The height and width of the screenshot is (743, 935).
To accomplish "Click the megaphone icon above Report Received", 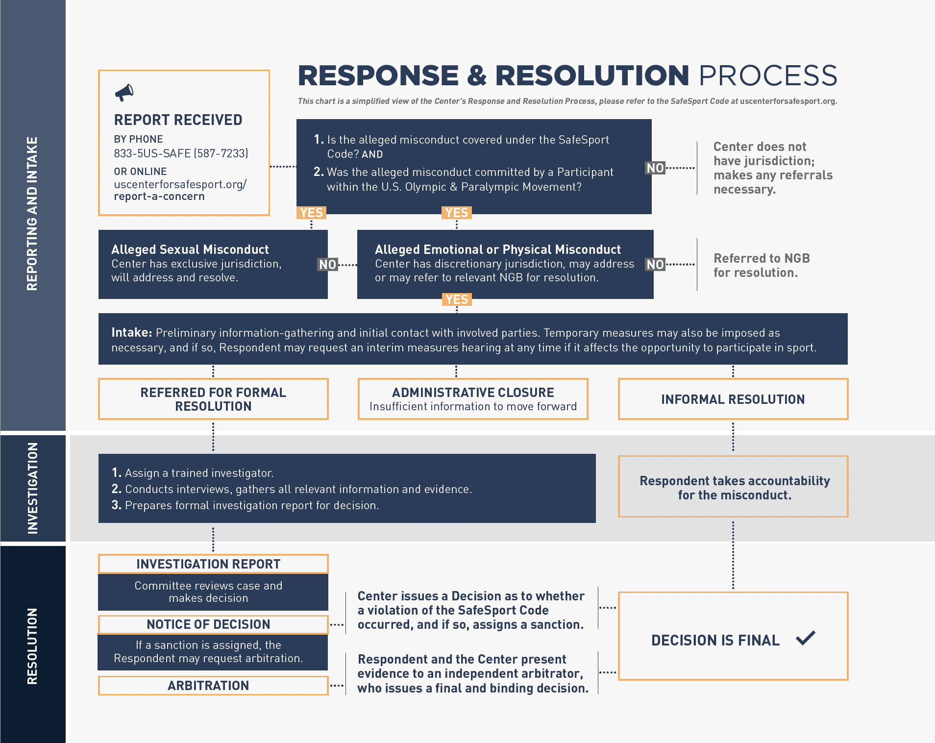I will (124, 92).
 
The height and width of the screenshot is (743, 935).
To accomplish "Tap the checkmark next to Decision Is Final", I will (806, 638).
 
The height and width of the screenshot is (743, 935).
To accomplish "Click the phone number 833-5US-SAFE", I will (181, 153).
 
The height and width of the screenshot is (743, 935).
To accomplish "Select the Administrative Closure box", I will (473, 399).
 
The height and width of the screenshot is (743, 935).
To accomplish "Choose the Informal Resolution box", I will (733, 399).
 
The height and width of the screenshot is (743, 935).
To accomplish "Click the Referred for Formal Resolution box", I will (213, 399).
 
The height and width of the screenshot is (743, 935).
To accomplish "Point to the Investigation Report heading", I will (208, 564).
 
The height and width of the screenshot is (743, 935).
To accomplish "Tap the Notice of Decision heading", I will (208, 624).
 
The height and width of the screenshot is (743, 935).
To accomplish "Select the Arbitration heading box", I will (208, 686).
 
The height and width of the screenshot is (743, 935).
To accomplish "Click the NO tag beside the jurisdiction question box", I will (655, 168).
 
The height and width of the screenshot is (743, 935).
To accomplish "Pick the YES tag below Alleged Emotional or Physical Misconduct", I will (457, 299).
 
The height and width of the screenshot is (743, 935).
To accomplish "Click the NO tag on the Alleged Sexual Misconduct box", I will (328, 265).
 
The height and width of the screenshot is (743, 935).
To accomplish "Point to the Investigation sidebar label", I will (32, 488).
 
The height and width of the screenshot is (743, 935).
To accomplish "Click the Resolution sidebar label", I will (32, 646).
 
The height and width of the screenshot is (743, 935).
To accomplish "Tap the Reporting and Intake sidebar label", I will (32, 214).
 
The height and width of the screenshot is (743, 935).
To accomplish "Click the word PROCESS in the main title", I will (768, 76).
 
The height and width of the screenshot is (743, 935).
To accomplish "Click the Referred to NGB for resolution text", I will (761, 265).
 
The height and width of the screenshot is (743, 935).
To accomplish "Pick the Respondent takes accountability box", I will (734, 487).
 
